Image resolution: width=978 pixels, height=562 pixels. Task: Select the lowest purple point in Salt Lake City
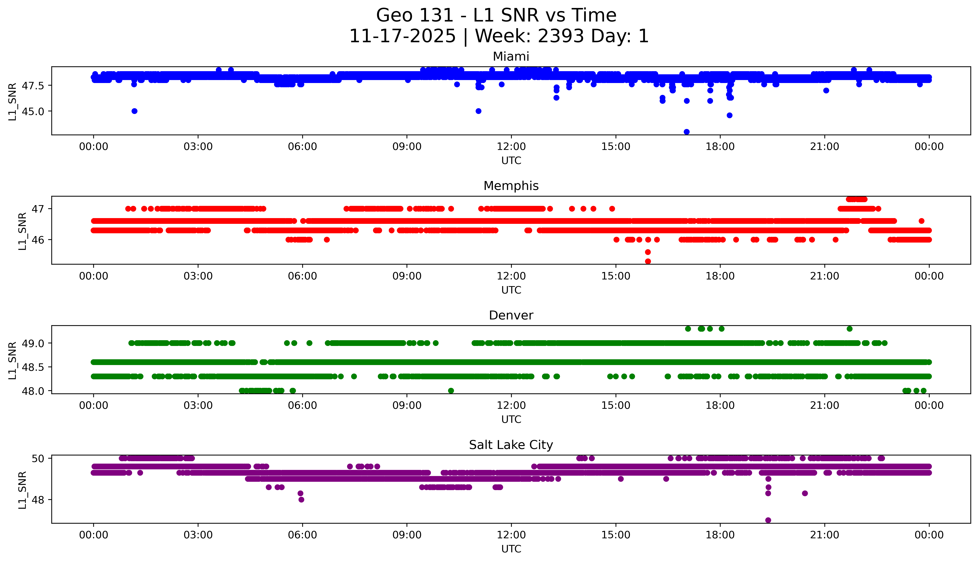(x=768, y=520)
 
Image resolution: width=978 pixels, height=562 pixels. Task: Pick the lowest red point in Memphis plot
(x=648, y=261)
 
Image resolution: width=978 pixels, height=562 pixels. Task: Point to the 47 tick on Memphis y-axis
(x=38, y=209)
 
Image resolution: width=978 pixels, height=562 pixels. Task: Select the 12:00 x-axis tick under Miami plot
(x=511, y=147)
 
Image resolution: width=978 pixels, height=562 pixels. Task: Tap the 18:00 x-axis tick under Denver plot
(x=720, y=406)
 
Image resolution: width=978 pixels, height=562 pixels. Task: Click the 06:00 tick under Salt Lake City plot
(x=302, y=535)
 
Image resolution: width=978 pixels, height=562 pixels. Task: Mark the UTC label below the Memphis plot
(x=511, y=290)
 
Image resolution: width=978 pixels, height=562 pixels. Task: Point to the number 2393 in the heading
(x=561, y=36)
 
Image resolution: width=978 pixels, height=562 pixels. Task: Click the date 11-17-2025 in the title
(x=402, y=36)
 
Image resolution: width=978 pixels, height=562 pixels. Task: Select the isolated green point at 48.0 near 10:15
(x=451, y=391)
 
